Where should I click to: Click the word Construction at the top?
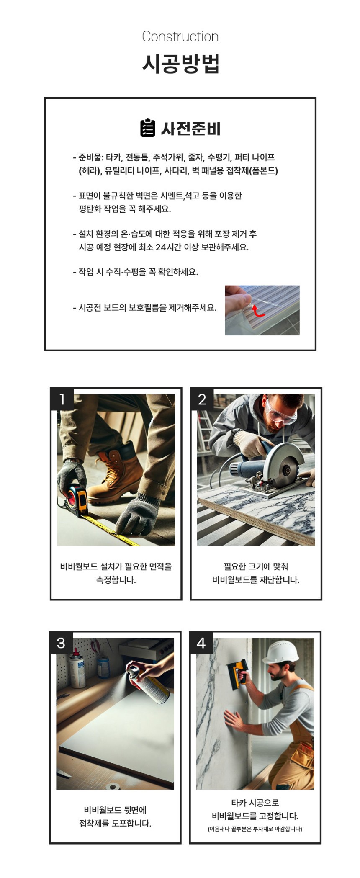click(x=180, y=36)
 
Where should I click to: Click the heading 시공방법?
click(x=180, y=64)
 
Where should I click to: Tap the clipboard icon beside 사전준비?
click(x=147, y=128)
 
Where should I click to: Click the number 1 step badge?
click(x=62, y=399)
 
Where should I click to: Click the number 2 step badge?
click(x=202, y=399)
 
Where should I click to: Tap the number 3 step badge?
click(x=61, y=643)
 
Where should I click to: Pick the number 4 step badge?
click(x=201, y=643)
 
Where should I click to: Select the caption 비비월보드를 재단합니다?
click(x=256, y=580)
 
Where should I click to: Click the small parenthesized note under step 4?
click(x=255, y=829)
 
